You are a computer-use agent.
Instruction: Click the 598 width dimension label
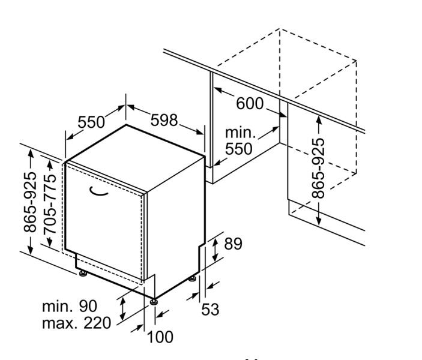pos(164,120)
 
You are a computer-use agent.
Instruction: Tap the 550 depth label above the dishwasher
pos(91,122)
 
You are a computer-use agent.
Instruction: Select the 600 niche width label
pos(249,103)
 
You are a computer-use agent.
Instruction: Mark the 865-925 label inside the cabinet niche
pos(318,169)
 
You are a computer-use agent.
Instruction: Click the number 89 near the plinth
pos(233,244)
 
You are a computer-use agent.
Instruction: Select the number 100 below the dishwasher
pos(159,337)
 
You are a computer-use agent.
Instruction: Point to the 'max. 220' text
pos(76,323)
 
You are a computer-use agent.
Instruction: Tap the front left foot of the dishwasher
pos(83,275)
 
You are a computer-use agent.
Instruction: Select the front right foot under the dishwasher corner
pos(155,301)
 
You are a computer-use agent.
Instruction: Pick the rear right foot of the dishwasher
pos(193,278)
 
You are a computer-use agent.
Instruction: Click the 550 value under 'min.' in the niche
pos(239,149)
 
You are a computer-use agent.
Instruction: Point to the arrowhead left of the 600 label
pos(218,91)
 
